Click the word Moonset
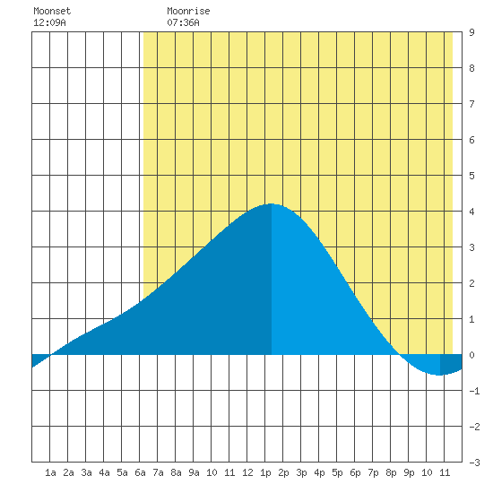pyautogui.click(x=52, y=11)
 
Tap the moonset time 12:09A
pyautogui.click(x=49, y=22)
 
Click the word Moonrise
pyautogui.click(x=188, y=11)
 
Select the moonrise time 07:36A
pyautogui.click(x=183, y=22)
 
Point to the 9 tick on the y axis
pyautogui.click(x=471, y=32)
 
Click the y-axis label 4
pyautogui.click(x=471, y=212)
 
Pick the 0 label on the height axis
pyautogui.click(x=471, y=355)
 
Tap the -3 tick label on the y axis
pyautogui.click(x=474, y=463)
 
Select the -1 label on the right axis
pyautogui.click(x=474, y=391)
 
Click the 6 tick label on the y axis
pyautogui.click(x=471, y=140)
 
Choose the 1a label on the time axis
pyautogui.click(x=50, y=472)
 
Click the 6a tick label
pyautogui.click(x=140, y=472)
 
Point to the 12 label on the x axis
pyautogui.click(x=247, y=472)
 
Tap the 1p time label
pyautogui.click(x=265, y=472)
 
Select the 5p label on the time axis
pyautogui.click(x=337, y=472)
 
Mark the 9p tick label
pyautogui.click(x=409, y=472)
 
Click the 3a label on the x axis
pyautogui.click(x=86, y=472)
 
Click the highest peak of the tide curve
pyautogui.click(x=271, y=203)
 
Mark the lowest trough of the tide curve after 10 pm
pyautogui.click(x=439, y=375)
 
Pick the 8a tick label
pyautogui.click(x=176, y=472)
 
